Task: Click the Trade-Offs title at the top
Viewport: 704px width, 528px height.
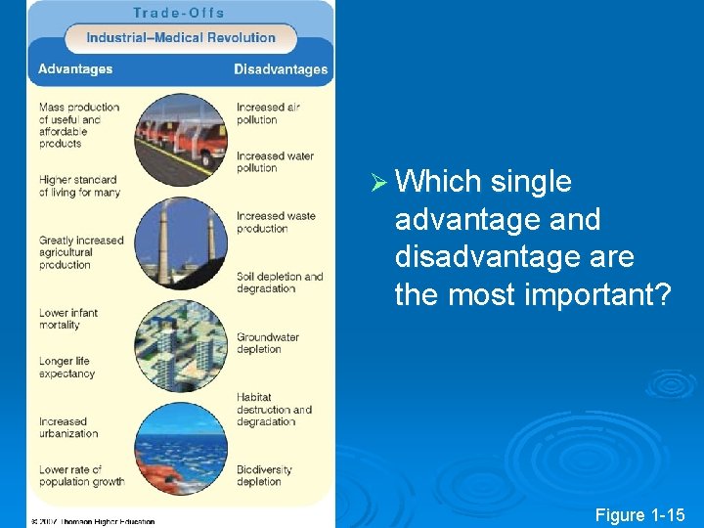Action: pyautogui.click(x=179, y=13)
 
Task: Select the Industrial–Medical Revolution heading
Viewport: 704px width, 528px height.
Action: pyautogui.click(x=181, y=38)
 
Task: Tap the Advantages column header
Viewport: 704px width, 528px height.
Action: pyautogui.click(x=75, y=69)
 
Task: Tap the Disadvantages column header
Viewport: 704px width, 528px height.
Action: pyautogui.click(x=281, y=69)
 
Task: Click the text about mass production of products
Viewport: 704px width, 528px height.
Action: pyautogui.click(x=79, y=125)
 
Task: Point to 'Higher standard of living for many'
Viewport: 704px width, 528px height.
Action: pyautogui.click(x=79, y=186)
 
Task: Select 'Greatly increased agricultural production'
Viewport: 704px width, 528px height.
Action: pyautogui.click(x=81, y=252)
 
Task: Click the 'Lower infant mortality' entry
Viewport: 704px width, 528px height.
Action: pyautogui.click(x=68, y=319)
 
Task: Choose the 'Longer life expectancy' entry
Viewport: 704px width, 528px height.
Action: pyautogui.click(x=66, y=368)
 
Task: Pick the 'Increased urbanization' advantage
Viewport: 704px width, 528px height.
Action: pyautogui.click(x=68, y=427)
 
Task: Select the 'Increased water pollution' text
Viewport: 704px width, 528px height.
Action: pyautogui.click(x=274, y=161)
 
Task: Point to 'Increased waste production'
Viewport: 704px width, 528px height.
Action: pyautogui.click(x=275, y=222)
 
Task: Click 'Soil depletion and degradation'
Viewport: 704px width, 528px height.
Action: pyautogui.click(x=280, y=283)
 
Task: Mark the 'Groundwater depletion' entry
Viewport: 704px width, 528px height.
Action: pyautogui.click(x=268, y=343)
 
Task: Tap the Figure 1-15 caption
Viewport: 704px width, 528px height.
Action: pyautogui.click(x=641, y=515)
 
